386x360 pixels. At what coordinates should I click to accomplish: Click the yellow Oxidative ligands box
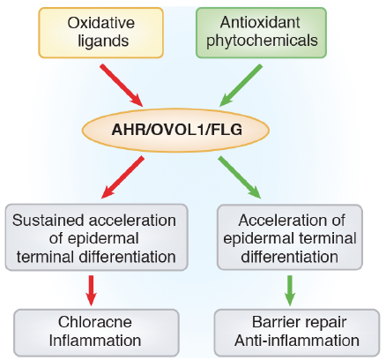click(x=100, y=33)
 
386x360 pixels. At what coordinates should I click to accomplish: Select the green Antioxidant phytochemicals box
click(x=261, y=33)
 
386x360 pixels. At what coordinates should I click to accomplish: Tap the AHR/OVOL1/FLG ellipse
click(x=175, y=130)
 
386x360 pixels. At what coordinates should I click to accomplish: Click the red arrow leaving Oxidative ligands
click(x=122, y=86)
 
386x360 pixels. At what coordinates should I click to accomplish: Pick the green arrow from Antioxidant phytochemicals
click(x=241, y=86)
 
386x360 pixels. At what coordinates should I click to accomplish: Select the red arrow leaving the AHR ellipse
click(x=122, y=177)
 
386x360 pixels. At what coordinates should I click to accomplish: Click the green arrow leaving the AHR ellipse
click(x=240, y=177)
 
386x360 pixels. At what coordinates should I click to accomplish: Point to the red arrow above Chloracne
click(x=91, y=290)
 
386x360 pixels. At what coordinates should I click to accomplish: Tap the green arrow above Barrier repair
click(x=290, y=290)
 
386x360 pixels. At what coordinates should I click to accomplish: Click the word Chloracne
click(x=95, y=322)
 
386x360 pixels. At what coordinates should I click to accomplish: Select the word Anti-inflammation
click(x=297, y=341)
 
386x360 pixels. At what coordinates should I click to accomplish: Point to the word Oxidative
click(x=101, y=23)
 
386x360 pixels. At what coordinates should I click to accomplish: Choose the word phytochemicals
click(x=262, y=41)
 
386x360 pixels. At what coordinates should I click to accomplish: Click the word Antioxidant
click(x=260, y=22)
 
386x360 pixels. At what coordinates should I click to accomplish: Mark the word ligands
click(x=103, y=41)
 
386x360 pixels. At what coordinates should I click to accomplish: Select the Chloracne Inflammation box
click(x=96, y=333)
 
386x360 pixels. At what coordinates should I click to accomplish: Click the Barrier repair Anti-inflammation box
click(x=297, y=333)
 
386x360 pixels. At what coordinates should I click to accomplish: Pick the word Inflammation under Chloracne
click(x=95, y=341)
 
